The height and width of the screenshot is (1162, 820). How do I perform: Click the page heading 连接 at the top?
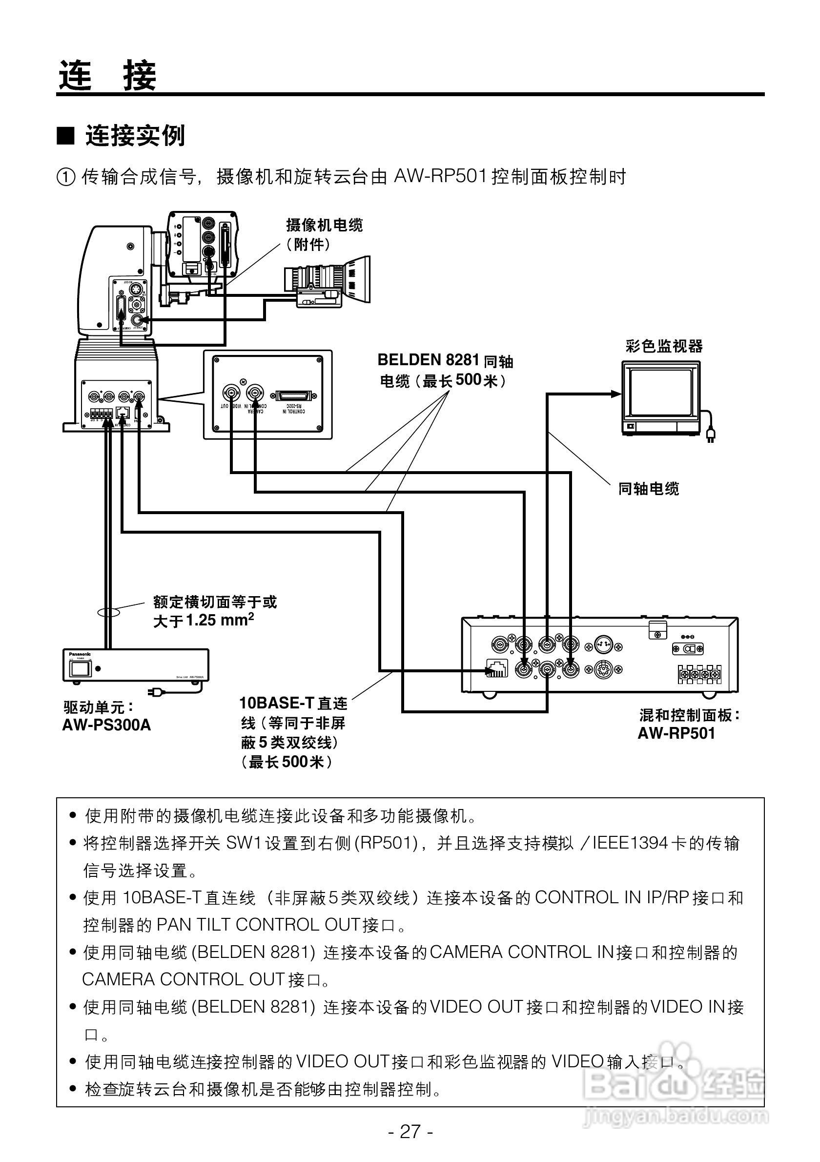(x=107, y=75)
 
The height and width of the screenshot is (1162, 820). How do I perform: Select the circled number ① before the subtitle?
(x=66, y=177)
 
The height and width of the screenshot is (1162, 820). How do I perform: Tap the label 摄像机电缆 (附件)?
(x=324, y=234)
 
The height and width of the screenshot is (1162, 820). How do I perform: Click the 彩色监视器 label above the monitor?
(x=664, y=346)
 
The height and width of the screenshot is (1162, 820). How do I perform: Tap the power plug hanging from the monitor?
(x=710, y=434)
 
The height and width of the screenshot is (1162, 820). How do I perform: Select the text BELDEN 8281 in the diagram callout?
(x=428, y=360)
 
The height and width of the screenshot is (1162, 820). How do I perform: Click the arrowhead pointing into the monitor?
(x=615, y=393)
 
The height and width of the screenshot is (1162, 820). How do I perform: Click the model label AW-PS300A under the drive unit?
(x=106, y=725)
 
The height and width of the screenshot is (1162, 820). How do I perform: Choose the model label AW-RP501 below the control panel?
(x=676, y=733)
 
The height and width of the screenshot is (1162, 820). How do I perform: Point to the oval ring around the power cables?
(x=108, y=612)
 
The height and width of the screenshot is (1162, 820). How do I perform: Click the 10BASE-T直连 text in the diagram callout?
(x=293, y=703)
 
